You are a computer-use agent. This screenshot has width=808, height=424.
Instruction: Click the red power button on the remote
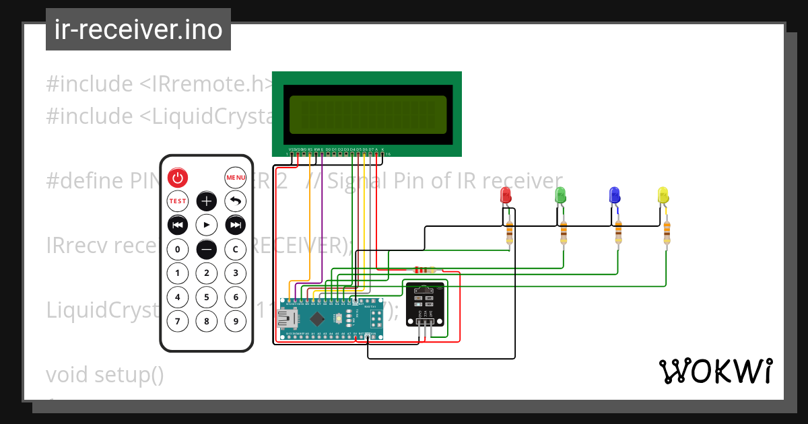178,178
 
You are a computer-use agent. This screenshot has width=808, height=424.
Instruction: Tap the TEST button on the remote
178,201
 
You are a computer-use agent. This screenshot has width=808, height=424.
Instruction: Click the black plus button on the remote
207,201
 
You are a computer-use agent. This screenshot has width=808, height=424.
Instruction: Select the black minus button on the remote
207,249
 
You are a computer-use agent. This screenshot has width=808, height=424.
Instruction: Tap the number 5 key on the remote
207,297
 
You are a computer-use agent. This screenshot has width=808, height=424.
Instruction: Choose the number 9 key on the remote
235,321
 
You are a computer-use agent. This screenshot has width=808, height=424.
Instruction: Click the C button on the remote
235,249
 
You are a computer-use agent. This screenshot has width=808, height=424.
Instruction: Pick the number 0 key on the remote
178,249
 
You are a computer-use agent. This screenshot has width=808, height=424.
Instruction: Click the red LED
506,196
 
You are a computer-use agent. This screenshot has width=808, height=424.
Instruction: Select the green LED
560,196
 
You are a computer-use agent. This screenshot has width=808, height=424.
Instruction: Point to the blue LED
614,196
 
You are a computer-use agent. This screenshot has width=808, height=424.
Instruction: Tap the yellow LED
663,196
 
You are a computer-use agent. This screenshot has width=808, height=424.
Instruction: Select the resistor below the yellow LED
667,232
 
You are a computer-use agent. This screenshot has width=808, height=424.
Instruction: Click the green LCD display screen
368,114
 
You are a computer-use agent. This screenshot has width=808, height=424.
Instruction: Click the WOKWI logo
715,372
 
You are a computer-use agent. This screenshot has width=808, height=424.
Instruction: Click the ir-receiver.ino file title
138,30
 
